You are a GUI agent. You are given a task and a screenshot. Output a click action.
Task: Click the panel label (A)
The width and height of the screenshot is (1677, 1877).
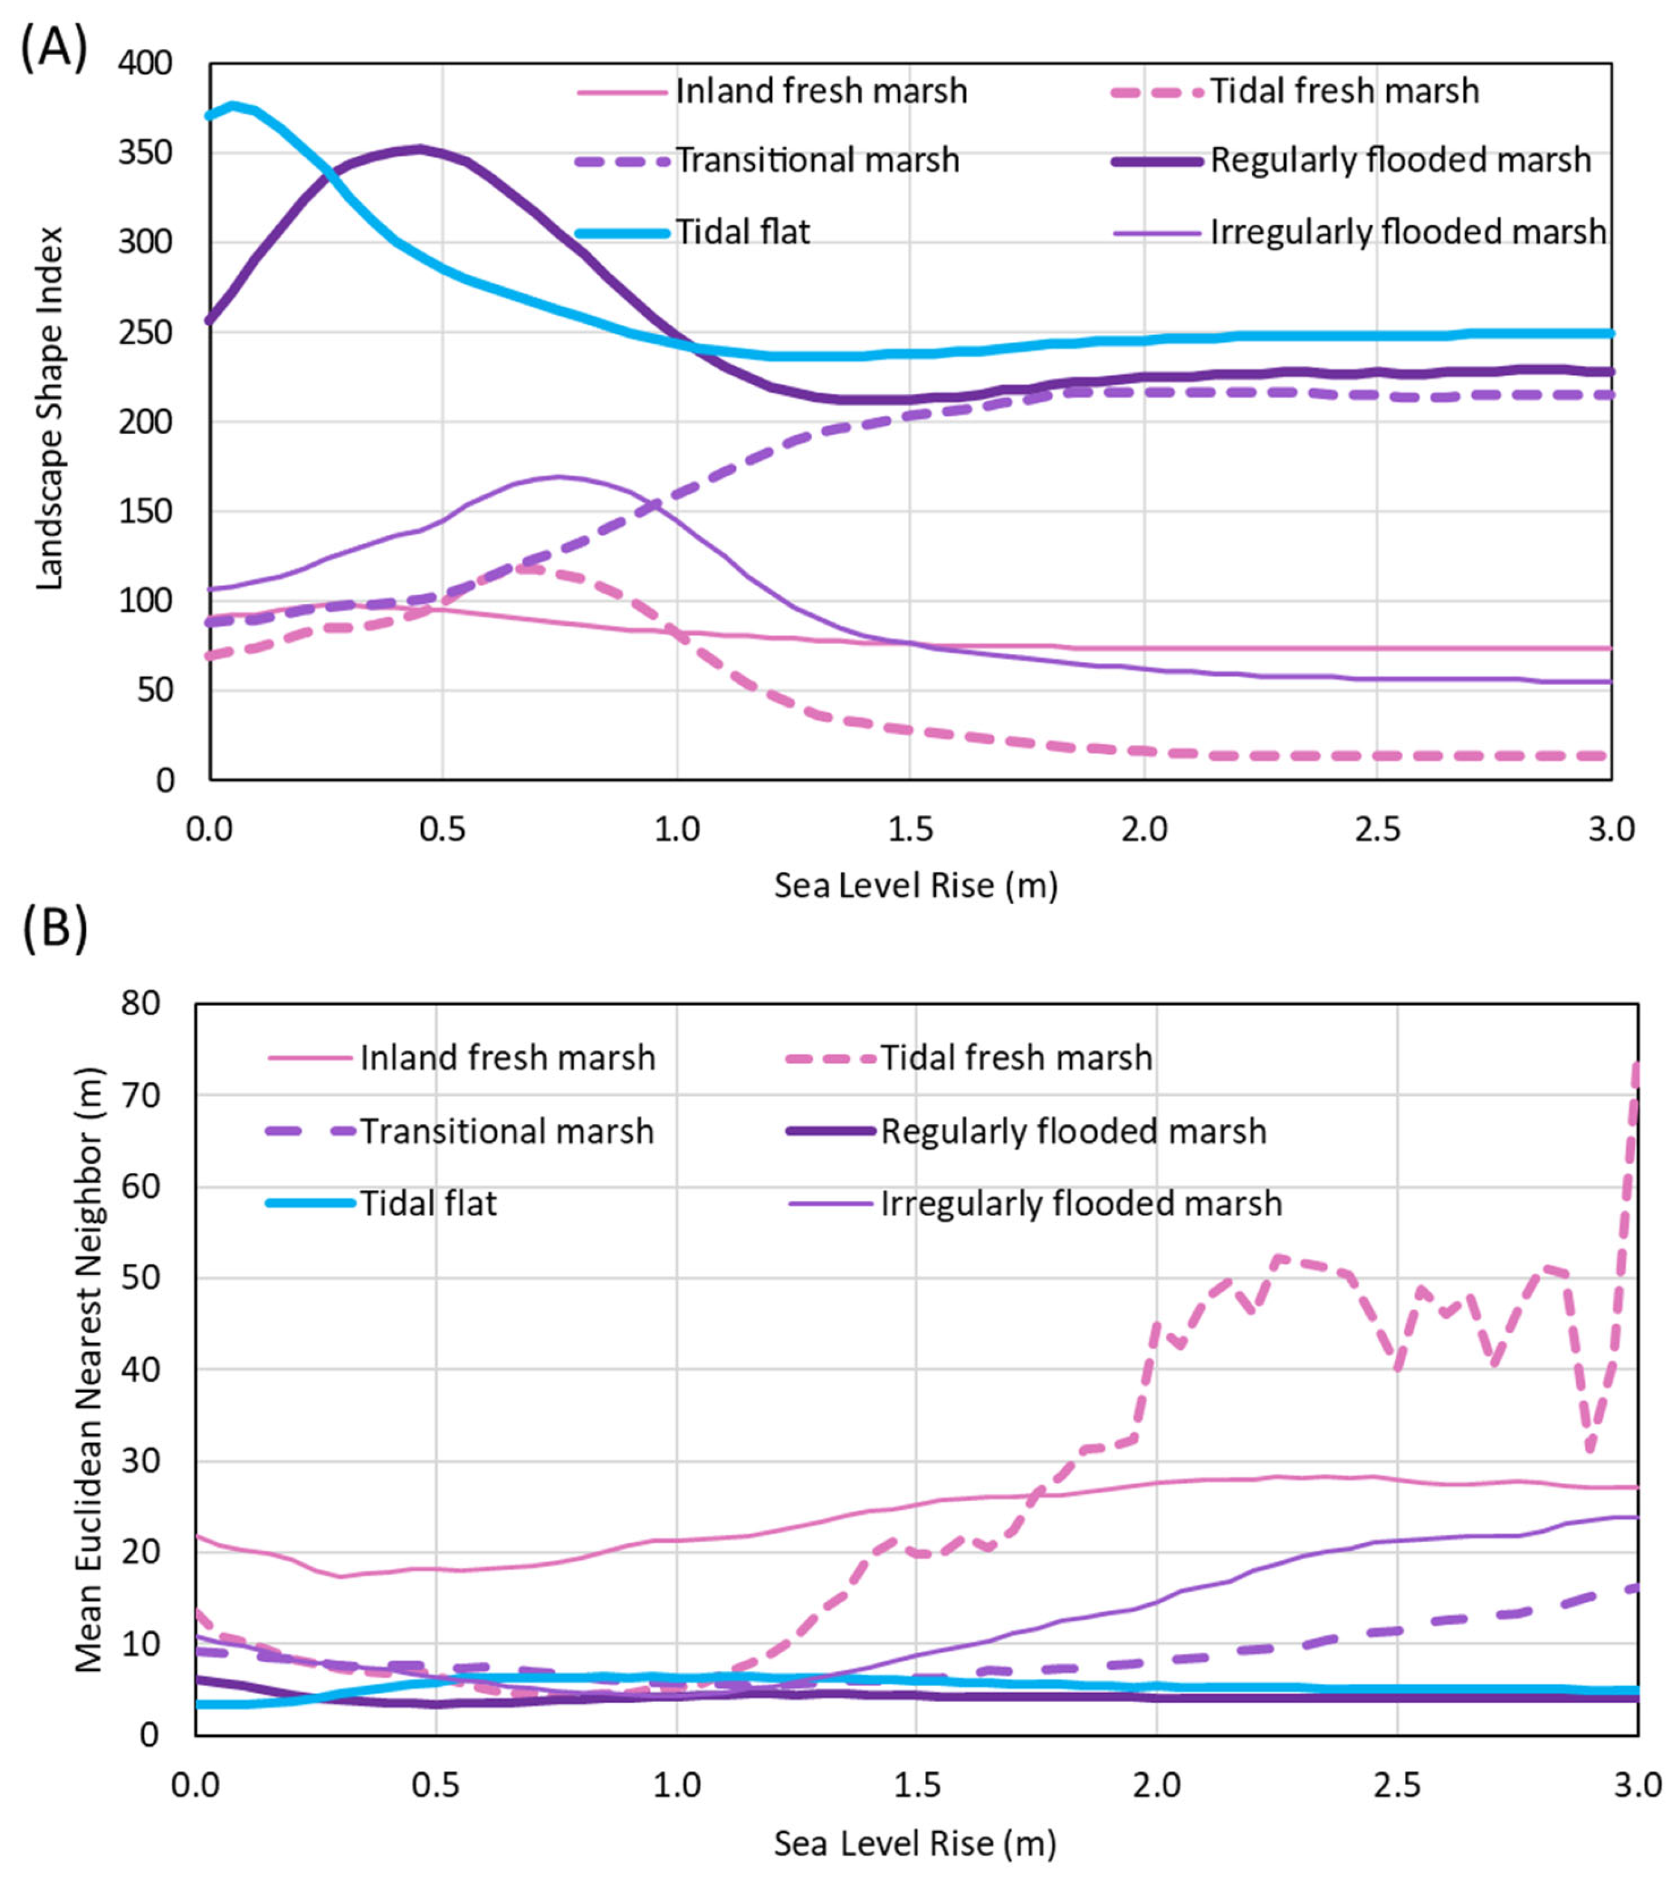(x=54, y=49)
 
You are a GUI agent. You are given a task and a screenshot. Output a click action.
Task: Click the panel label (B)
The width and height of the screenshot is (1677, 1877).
(x=54, y=930)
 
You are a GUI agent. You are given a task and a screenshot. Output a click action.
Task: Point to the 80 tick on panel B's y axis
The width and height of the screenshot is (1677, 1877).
(x=140, y=1003)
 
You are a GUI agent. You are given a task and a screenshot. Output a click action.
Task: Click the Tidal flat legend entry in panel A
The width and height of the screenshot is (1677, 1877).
(x=742, y=232)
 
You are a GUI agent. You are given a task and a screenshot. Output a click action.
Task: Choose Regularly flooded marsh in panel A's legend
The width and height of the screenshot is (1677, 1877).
(x=1400, y=160)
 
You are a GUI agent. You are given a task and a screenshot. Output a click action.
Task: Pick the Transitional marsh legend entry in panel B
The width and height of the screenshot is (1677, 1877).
(x=506, y=1131)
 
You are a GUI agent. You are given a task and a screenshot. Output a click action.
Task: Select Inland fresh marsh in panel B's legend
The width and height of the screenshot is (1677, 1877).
(x=507, y=1058)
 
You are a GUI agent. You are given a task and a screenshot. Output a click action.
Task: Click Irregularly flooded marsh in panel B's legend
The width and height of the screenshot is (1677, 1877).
(x=1081, y=1204)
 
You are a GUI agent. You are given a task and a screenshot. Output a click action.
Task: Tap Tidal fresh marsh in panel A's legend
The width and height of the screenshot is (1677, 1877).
(x=1344, y=91)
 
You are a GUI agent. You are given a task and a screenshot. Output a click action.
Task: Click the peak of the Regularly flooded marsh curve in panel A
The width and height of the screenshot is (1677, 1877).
(x=419, y=149)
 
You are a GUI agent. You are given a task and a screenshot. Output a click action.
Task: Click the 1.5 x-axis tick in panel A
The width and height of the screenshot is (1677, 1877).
(x=910, y=829)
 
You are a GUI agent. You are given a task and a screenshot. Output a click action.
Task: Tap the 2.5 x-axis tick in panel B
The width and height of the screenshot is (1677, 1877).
(x=1397, y=1786)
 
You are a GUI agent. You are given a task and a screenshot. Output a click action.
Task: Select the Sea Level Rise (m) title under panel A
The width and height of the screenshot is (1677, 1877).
(x=915, y=885)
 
